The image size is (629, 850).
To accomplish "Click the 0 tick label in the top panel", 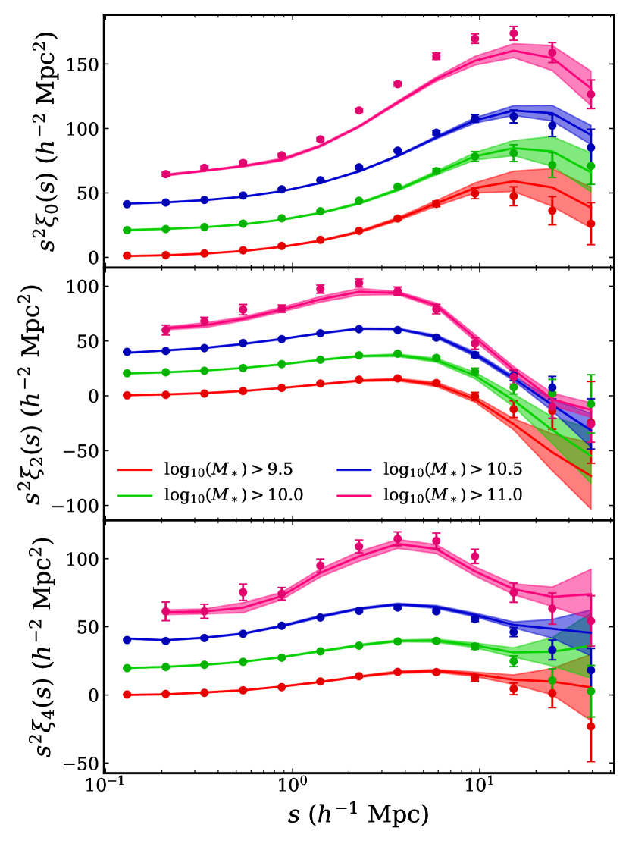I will point(92,257).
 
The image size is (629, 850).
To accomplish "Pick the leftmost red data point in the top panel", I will point(127,256).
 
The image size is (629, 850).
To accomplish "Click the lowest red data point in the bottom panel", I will point(590,726).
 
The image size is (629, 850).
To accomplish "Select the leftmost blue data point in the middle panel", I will point(127,352).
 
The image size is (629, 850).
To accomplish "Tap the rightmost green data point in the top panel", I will point(590,165).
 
